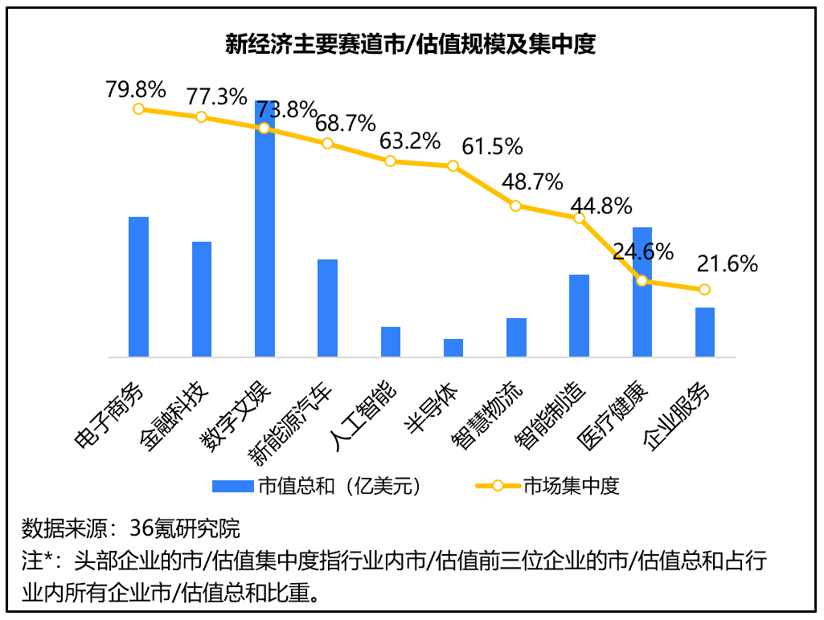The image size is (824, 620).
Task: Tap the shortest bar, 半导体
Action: tap(453, 348)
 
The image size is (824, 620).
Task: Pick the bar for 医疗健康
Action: tap(642, 292)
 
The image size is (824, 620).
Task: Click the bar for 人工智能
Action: tap(391, 341)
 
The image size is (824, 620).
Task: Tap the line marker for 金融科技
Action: tap(202, 117)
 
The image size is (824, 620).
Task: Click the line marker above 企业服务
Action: tap(704, 289)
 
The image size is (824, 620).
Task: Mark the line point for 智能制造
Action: tap(579, 218)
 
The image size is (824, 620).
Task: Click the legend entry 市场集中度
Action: tap(571, 486)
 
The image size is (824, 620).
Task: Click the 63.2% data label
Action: tap(410, 141)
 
